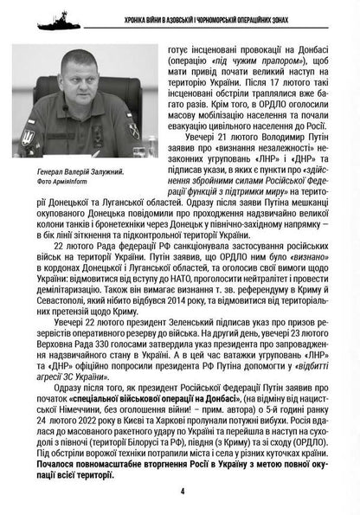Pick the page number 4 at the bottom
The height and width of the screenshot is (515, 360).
[182, 492]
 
